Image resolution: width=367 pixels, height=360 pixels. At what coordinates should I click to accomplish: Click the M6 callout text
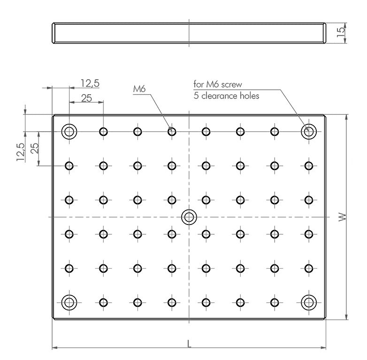139,89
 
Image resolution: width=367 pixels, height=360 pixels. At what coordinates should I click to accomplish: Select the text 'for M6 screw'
218,84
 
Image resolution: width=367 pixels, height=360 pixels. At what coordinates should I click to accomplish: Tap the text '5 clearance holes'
226,96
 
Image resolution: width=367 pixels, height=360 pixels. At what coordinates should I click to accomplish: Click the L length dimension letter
189,344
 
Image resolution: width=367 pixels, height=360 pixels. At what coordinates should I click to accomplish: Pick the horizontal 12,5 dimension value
89,83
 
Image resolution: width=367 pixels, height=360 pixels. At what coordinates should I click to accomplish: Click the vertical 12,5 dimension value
20,152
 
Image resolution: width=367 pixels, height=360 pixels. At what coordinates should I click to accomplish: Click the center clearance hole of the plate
189,217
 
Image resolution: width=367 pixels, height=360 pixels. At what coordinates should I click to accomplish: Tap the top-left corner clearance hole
69,131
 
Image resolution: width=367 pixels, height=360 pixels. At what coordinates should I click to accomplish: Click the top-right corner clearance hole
308,131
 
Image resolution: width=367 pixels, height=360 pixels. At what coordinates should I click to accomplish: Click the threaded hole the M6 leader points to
172,131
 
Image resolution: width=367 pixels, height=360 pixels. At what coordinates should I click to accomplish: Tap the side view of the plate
189,33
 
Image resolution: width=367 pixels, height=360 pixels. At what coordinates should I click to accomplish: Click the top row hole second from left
103,131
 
